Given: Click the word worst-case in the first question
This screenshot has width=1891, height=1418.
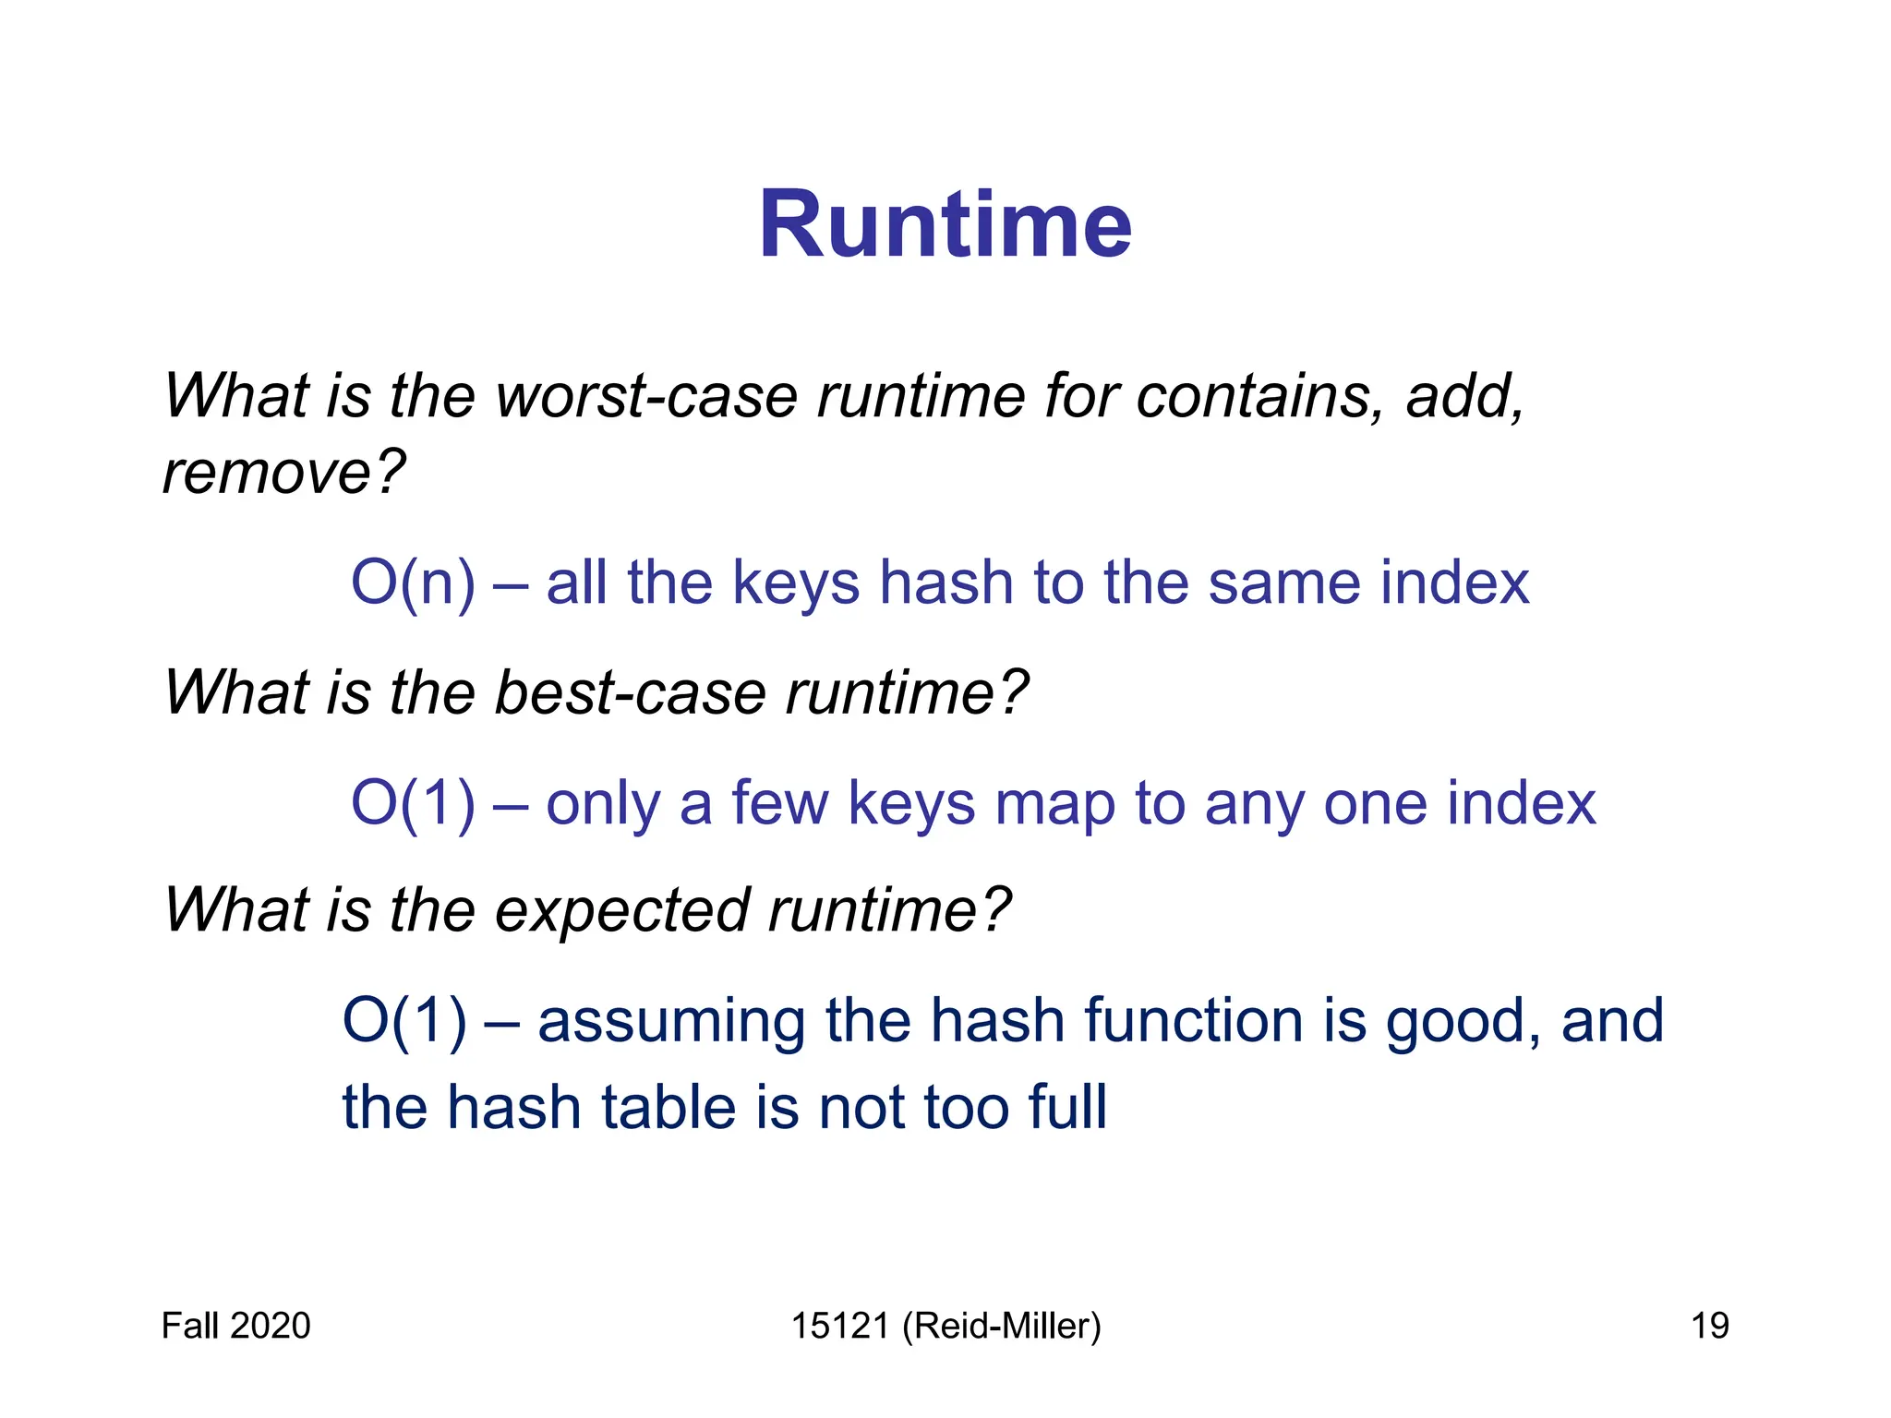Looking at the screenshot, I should pyautogui.click(x=646, y=396).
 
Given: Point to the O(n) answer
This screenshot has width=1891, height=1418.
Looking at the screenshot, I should pyautogui.click(x=413, y=583).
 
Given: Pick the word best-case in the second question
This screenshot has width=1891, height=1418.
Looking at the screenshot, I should pyautogui.click(x=630, y=692).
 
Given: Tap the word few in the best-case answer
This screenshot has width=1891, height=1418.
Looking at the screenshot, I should pyautogui.click(x=780, y=803).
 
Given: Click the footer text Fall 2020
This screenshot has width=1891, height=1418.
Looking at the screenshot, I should pyautogui.click(x=235, y=1326).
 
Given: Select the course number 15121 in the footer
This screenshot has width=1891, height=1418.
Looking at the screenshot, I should pyautogui.click(x=839, y=1326).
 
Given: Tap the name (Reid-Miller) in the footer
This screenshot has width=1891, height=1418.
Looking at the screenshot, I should pyautogui.click(x=1002, y=1326).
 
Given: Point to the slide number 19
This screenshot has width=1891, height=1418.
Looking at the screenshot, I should pyautogui.click(x=1709, y=1326).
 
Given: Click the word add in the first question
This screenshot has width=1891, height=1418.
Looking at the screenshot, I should pyautogui.click(x=1463, y=396).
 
